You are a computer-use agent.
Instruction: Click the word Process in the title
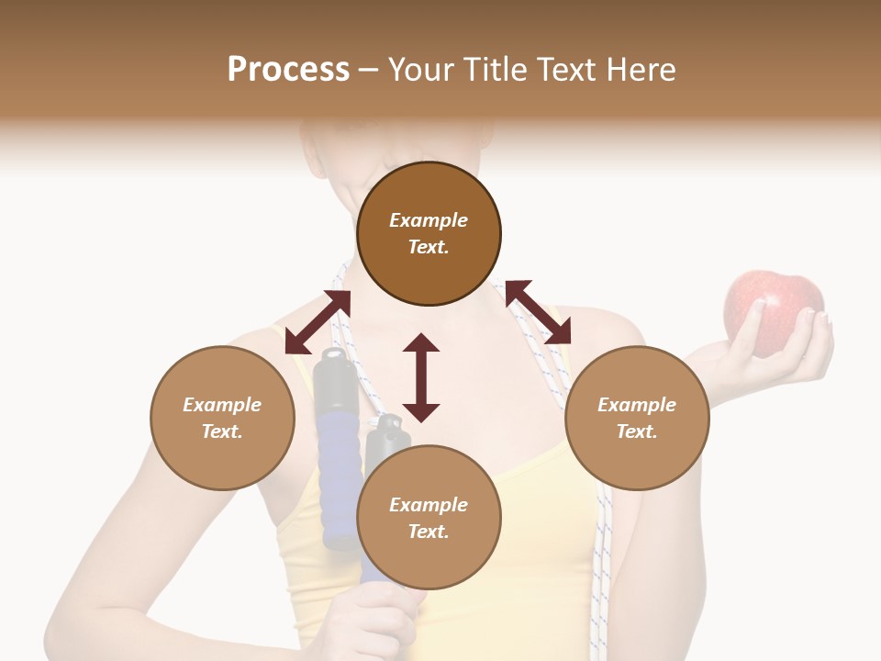click(x=288, y=70)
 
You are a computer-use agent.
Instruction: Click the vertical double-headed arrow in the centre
click(x=421, y=377)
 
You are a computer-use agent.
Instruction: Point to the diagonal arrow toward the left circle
click(x=318, y=322)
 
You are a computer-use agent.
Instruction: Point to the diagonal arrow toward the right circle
click(x=538, y=312)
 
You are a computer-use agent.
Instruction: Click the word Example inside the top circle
click(x=429, y=220)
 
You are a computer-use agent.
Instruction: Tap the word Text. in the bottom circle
click(x=429, y=532)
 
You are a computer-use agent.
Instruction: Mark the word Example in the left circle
click(x=222, y=405)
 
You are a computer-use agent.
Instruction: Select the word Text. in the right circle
click(x=637, y=431)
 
